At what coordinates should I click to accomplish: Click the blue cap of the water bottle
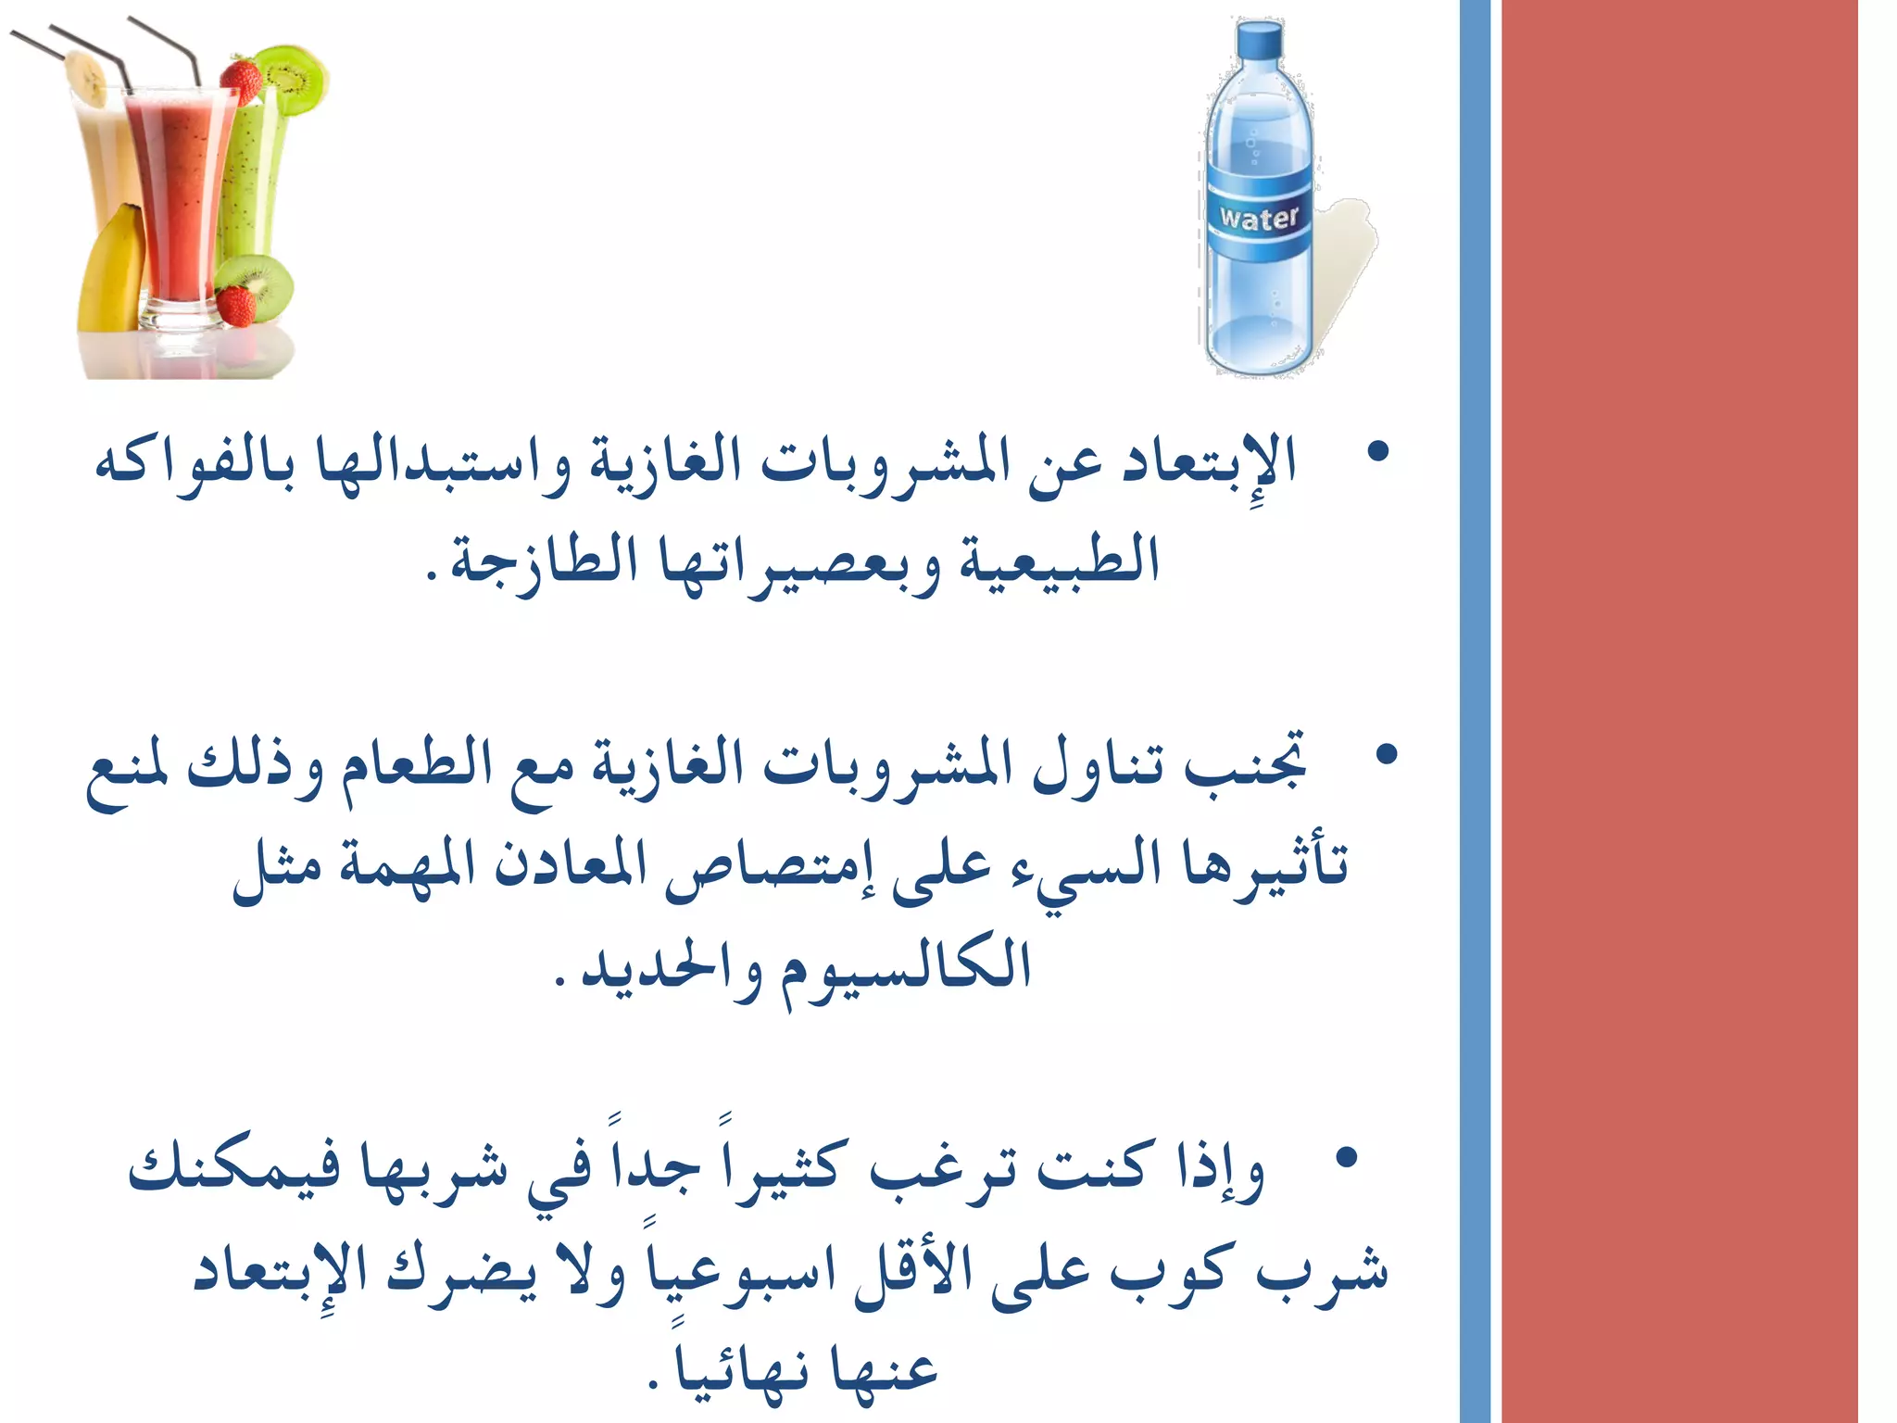coord(1261,40)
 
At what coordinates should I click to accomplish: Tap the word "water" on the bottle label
coord(1259,219)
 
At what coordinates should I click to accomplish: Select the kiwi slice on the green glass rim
coord(292,79)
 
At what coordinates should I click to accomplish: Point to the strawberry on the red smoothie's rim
coord(241,80)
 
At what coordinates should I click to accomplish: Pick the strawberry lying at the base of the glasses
coord(237,306)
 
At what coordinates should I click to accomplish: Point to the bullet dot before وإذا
coord(1347,1157)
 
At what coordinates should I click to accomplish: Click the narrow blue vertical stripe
coord(1475,711)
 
